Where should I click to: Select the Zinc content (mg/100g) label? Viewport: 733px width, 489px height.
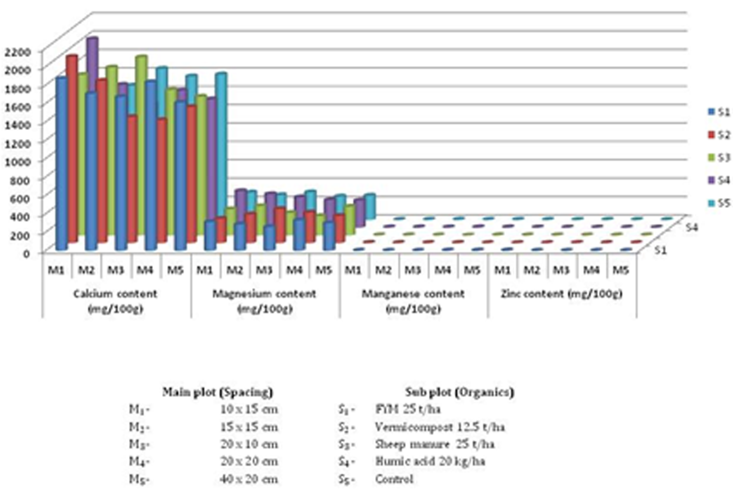[561, 294]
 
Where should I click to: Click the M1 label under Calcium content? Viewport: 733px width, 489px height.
[56, 270]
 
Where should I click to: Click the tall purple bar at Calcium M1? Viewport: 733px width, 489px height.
[92, 62]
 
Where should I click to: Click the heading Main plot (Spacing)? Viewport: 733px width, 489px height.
[218, 392]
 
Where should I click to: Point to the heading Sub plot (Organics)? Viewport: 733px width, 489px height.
[459, 392]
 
